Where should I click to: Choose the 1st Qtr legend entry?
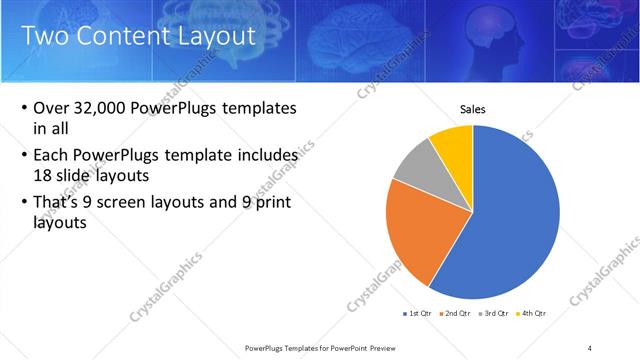point(418,313)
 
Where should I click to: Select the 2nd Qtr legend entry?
point(457,313)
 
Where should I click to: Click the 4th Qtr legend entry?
point(531,313)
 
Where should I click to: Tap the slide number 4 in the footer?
point(589,347)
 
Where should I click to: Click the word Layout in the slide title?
point(218,37)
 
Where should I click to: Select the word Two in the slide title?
point(45,37)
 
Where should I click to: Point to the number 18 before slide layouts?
point(45,174)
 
